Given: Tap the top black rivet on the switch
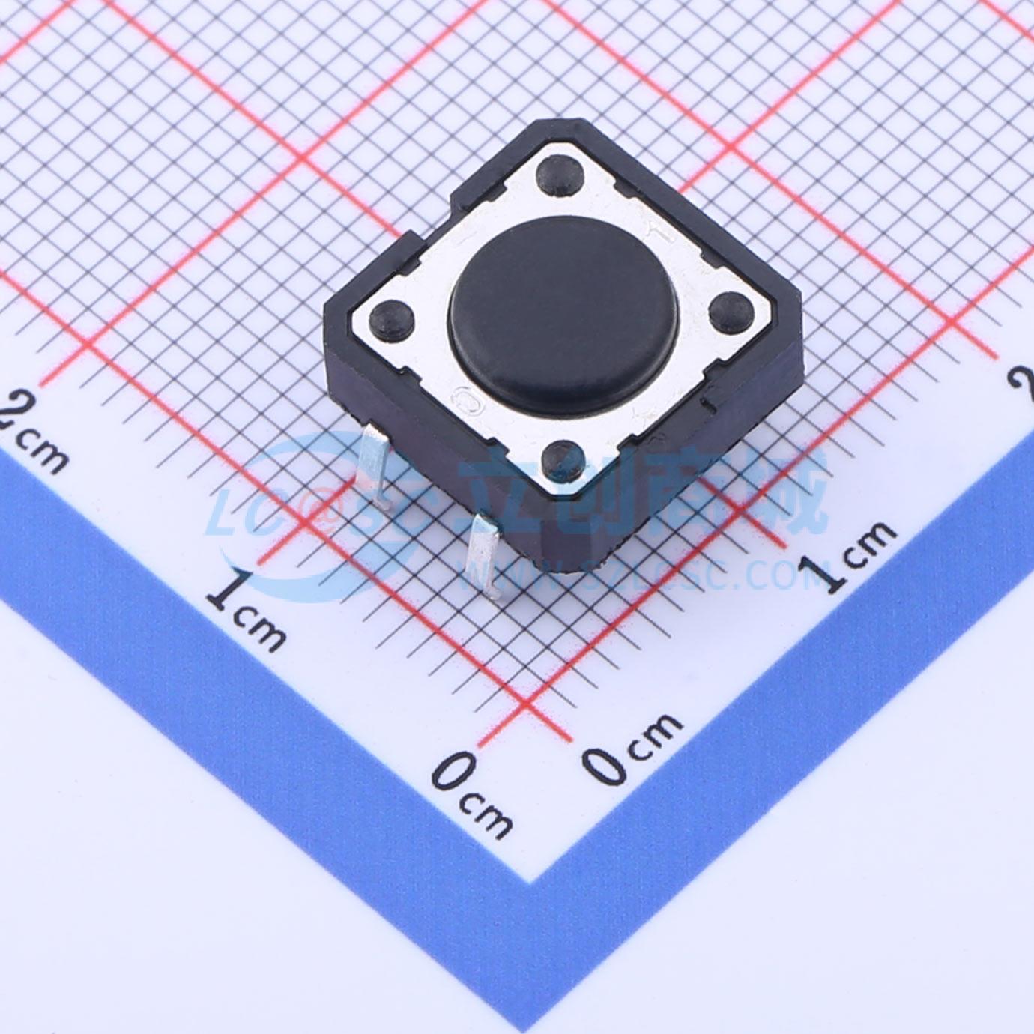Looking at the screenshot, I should (x=562, y=175).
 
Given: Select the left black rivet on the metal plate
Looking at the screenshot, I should (x=393, y=319).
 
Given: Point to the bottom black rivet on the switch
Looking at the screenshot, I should (x=563, y=457).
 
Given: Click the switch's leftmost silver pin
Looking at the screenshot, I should (x=372, y=472).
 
